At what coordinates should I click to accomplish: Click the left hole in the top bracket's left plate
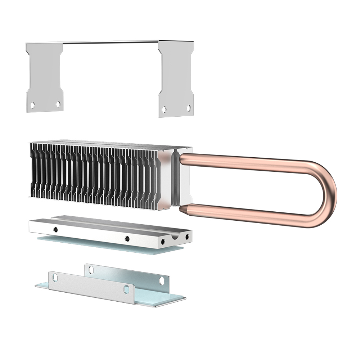click(32, 105)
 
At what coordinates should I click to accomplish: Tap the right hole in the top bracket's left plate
click(58, 104)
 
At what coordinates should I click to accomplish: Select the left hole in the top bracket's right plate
click(164, 109)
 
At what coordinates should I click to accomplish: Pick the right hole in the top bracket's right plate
click(188, 108)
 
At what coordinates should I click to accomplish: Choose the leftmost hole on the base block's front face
click(55, 229)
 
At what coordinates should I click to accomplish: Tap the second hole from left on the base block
click(127, 238)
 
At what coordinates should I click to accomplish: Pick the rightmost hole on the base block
click(187, 237)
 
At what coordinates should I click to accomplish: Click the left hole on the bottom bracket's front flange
click(55, 277)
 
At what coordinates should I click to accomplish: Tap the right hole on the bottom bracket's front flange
click(126, 289)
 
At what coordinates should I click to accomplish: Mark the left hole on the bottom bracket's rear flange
click(91, 269)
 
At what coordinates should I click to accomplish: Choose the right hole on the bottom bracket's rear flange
click(162, 280)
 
